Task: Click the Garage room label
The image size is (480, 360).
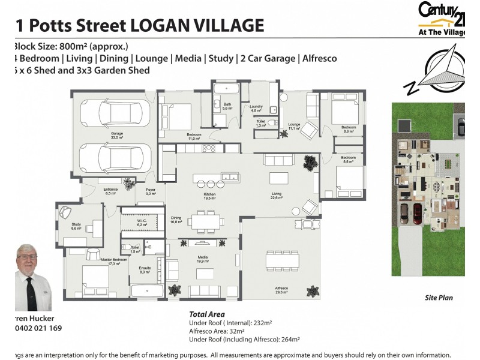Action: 116,135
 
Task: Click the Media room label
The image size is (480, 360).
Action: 202,260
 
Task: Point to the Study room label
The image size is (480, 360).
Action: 76,226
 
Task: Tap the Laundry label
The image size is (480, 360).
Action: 256,109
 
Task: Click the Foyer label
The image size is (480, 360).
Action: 151,191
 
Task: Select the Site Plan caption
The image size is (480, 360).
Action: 438,298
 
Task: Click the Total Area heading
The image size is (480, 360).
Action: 207,314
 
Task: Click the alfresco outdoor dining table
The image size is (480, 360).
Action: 278,262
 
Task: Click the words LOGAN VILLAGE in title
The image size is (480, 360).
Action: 197,25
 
